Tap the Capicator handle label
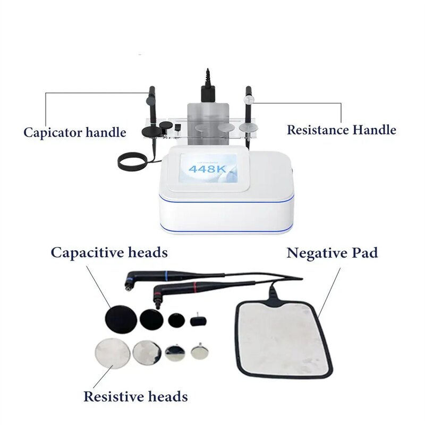(75, 132)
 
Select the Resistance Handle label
(342, 130)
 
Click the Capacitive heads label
(109, 252)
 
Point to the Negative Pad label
(333, 252)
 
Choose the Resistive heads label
(135, 396)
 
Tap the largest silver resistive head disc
(112, 353)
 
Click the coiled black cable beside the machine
(133, 161)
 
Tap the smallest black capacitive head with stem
(199, 320)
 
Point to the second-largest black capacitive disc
(152, 320)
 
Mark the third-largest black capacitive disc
(176, 320)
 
